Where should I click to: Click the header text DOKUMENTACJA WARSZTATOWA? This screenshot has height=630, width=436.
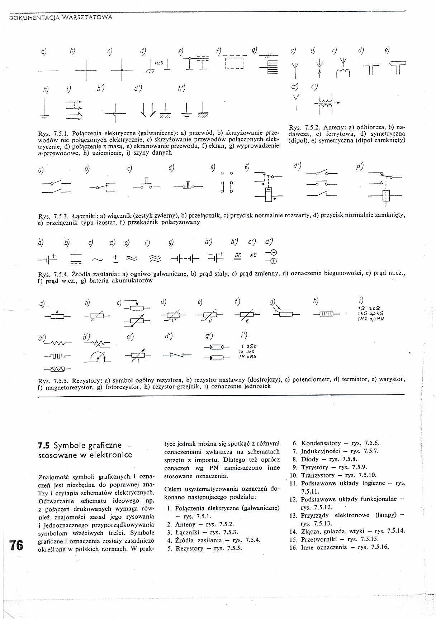[60, 18]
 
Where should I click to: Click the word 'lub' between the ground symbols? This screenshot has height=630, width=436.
[159, 63]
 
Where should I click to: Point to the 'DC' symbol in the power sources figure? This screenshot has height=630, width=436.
[238, 255]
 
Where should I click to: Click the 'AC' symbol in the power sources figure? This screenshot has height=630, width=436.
[253, 255]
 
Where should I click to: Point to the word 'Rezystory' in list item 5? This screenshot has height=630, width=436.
[189, 548]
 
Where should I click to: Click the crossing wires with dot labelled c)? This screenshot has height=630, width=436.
[122, 69]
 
